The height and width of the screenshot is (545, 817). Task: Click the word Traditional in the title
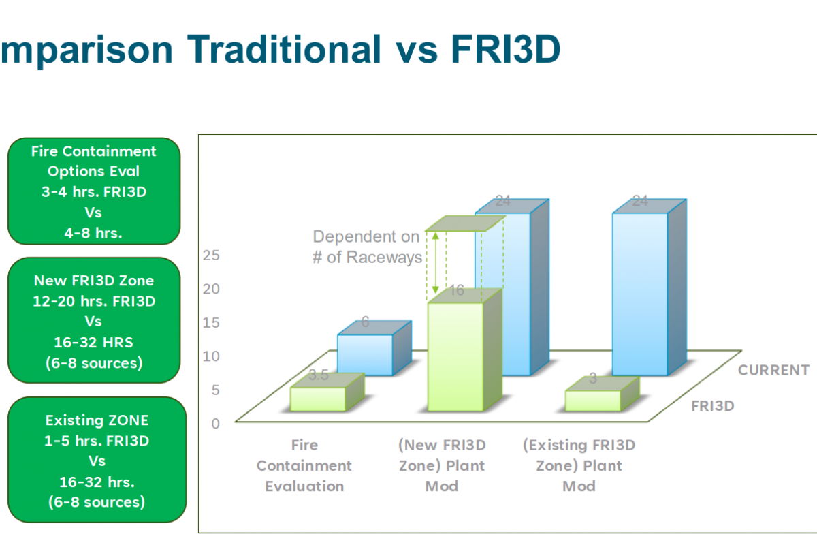coord(285,49)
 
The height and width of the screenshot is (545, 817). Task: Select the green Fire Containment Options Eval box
coord(94,191)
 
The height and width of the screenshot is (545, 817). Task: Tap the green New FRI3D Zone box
coord(94,321)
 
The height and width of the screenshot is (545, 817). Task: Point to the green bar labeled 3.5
coord(318,399)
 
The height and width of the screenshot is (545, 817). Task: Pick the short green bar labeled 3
coord(593,401)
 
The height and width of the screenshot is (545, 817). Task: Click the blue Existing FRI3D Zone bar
coord(640,293)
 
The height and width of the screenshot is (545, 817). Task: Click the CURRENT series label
coord(773,370)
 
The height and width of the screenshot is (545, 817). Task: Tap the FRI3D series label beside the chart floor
coord(712,406)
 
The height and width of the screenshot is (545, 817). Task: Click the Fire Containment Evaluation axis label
coord(304,466)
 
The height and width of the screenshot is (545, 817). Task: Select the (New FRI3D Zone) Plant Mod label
coord(442,466)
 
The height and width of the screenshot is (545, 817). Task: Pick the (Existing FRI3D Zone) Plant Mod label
coord(579,466)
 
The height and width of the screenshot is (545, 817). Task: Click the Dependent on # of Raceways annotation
coord(366,247)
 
